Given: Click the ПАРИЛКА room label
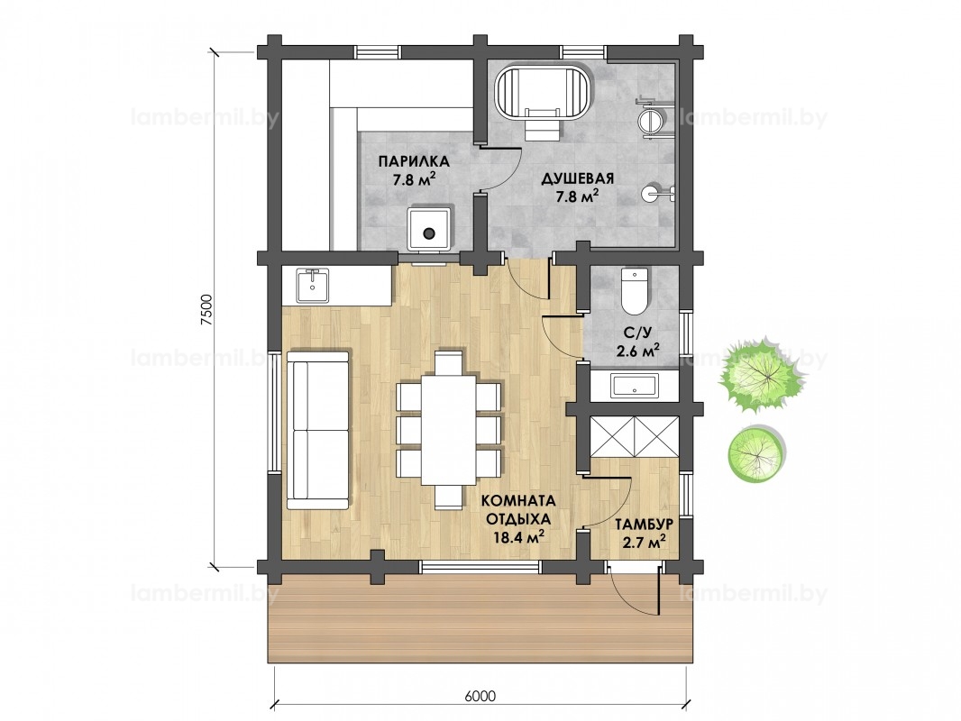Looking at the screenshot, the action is coord(414,161).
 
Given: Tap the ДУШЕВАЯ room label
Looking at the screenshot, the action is coord(577,178).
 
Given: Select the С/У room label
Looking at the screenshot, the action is coord(636,333).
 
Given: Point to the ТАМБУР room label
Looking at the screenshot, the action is coord(645,525).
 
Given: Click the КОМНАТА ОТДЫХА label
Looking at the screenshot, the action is coord(517,509).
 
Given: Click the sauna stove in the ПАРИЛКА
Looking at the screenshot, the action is coord(430,229).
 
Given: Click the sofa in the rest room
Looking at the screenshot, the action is coord(319,430).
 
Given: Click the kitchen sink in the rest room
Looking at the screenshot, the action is coord(313,286).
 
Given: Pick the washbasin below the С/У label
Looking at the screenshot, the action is coord(635,386).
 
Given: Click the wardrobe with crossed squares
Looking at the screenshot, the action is coord(635,436).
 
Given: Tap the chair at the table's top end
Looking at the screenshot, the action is coord(449,361).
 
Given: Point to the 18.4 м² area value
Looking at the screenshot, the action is coord(520,536).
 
